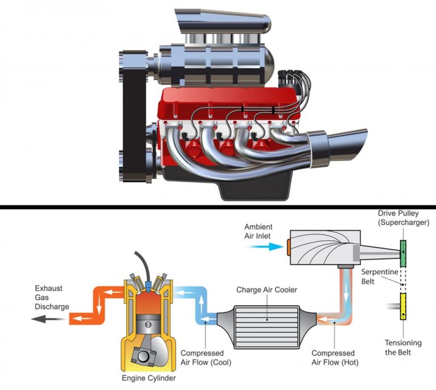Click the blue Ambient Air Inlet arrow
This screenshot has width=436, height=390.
tap(270, 246)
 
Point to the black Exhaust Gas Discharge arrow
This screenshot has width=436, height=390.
tap(44, 320)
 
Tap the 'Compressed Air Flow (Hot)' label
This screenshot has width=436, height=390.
tap(333, 358)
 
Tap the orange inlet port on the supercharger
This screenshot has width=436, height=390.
tap(289, 246)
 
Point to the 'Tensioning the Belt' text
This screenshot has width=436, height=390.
tap(403, 347)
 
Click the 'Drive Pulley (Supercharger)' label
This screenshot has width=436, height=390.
tap(404, 217)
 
